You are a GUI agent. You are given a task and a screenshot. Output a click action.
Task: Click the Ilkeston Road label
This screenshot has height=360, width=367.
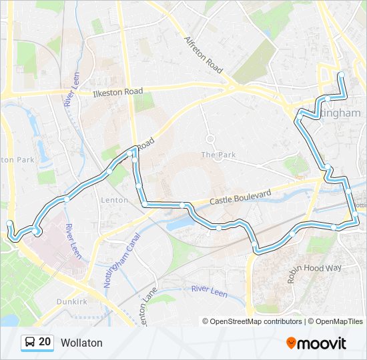[x=119, y=91]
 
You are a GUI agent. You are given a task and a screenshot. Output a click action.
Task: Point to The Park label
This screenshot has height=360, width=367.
[x=219, y=155]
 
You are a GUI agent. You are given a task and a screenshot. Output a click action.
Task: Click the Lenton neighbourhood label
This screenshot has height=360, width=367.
[x=114, y=200]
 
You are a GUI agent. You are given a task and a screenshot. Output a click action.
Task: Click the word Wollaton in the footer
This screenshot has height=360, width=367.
[x=81, y=343]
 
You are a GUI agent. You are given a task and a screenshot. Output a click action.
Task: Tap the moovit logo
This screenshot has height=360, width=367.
[x=316, y=343]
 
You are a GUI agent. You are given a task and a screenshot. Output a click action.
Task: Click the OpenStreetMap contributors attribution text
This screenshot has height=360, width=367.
[x=252, y=321]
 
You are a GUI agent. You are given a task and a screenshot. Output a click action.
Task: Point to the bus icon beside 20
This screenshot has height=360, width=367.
[x=30, y=343]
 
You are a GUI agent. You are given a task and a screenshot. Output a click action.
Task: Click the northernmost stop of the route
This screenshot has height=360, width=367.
[x=341, y=75]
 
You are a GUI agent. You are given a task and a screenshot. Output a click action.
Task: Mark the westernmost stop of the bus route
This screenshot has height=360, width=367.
[x=9, y=224]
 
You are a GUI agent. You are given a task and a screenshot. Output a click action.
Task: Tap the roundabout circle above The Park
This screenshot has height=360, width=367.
[x=210, y=139]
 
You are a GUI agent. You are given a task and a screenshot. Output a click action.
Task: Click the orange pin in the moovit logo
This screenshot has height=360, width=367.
[x=291, y=343]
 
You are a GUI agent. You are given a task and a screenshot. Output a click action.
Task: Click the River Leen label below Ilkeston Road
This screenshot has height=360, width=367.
[x=70, y=91]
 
